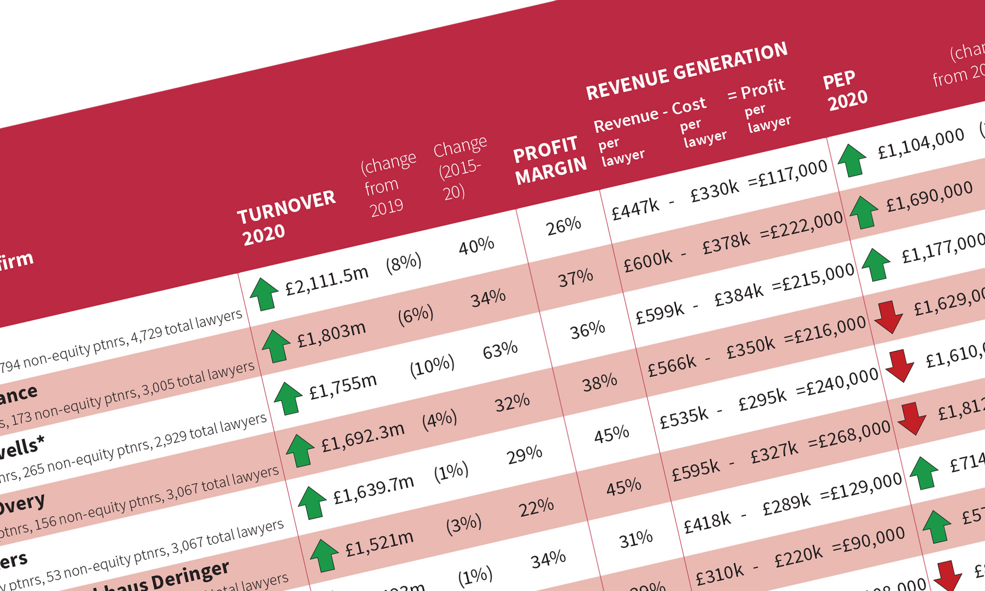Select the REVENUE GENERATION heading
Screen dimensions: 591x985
686,71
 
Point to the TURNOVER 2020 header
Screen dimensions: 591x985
287,217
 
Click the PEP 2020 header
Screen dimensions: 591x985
845,90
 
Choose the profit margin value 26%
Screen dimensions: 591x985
564,226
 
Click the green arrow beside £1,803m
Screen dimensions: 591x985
276,346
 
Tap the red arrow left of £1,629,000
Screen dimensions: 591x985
889,317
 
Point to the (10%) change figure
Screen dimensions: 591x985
432,365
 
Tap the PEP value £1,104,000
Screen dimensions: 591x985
921,143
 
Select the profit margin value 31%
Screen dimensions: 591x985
636,540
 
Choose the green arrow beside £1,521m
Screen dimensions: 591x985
324,555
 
